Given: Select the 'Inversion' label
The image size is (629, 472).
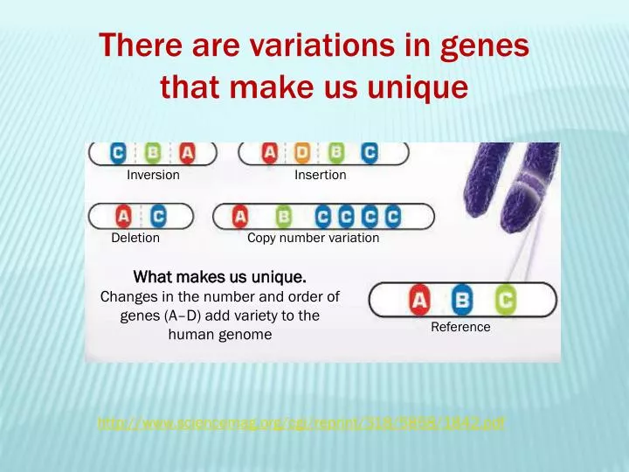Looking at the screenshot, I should coord(153,175).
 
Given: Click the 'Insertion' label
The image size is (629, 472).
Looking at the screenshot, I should coord(320,175).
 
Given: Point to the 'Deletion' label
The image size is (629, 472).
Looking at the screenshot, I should coord(135,238).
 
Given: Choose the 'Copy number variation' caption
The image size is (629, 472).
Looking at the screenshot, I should coord(313,238).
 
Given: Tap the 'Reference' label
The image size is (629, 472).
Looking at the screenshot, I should coord(460,327).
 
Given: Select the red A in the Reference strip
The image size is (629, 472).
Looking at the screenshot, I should coord(420,301).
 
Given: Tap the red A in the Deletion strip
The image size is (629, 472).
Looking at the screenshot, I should coord(124,216).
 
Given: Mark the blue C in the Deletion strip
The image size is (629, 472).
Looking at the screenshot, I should coord(157,216).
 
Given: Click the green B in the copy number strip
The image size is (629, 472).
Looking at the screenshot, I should coord(283,216).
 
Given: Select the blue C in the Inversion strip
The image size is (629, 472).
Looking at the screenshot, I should coord(117,153).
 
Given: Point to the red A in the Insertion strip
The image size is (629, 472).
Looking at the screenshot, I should coord(270,153).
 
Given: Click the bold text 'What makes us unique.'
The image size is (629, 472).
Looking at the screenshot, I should coord(219,278).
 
